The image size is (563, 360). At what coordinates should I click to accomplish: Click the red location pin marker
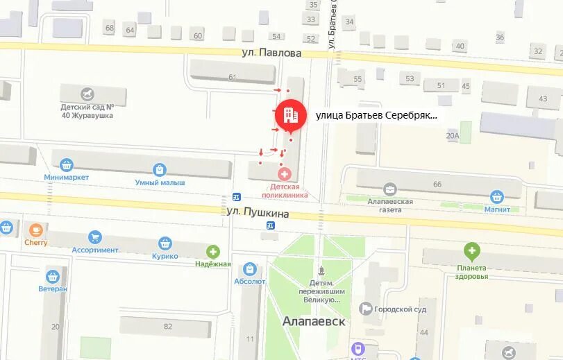point(291,116)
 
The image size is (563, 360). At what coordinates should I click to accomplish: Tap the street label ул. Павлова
point(271,53)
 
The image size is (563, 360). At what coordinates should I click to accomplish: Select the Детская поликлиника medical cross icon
point(283,173)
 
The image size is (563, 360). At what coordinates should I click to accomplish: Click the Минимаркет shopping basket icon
point(67,165)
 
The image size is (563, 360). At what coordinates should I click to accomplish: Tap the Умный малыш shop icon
point(160,170)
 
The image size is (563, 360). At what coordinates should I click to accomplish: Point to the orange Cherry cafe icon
point(35,230)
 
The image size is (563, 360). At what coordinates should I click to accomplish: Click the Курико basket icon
point(165,243)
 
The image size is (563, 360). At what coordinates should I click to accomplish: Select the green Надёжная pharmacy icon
point(213,252)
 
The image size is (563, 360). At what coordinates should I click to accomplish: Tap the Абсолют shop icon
point(250,269)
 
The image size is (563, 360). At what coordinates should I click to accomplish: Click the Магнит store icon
point(496,197)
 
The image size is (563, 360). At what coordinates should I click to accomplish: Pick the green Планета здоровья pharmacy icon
point(472,251)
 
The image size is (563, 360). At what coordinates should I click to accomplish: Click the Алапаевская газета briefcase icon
point(389,189)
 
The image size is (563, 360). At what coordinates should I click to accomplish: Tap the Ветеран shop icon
point(53,276)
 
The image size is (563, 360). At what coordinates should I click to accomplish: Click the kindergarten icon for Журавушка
point(87,94)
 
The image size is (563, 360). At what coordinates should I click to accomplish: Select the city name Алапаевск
point(314,322)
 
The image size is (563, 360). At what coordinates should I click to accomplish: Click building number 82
point(167,326)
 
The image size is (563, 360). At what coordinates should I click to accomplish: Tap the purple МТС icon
point(359,348)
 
